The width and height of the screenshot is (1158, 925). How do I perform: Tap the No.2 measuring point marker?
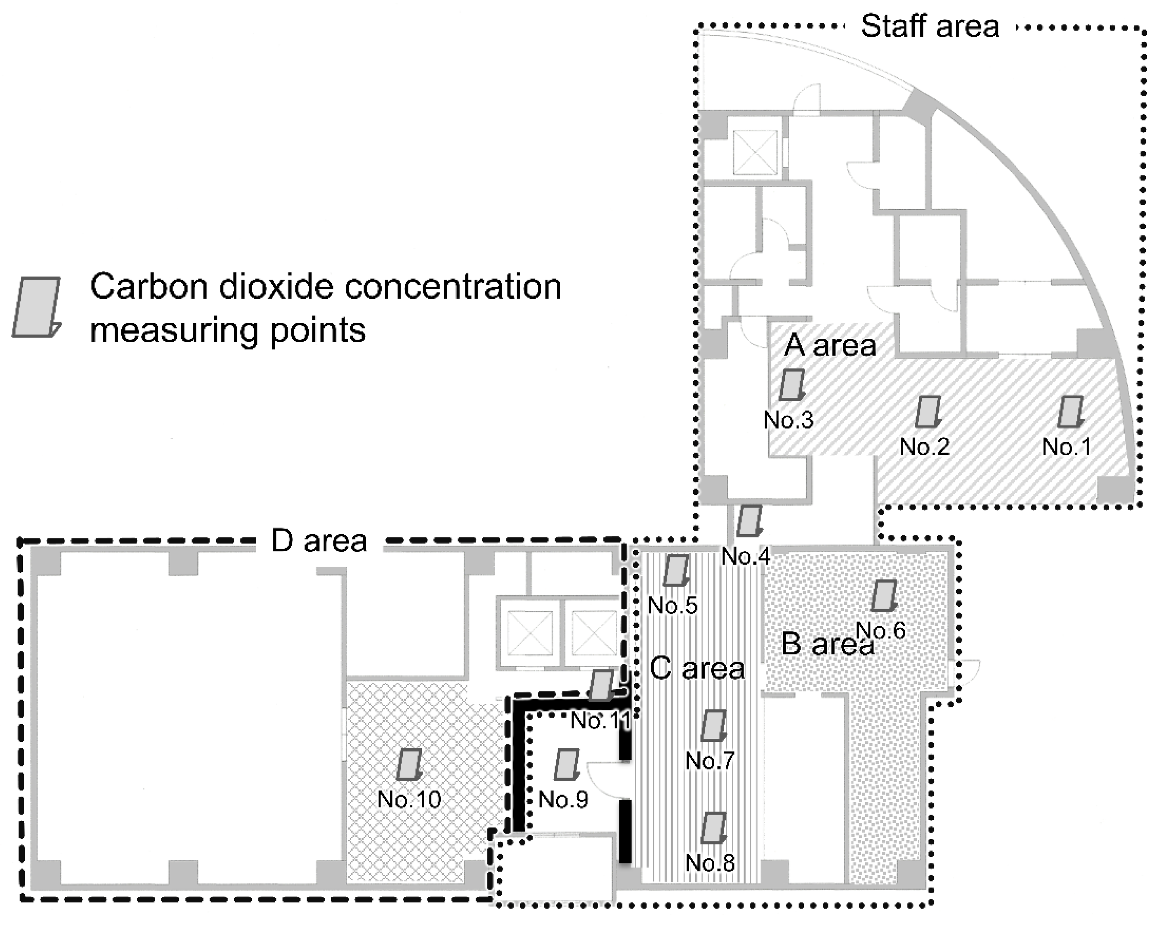928,412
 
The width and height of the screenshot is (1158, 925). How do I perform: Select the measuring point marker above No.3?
792,384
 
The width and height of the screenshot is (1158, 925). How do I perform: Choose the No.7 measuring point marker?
713,725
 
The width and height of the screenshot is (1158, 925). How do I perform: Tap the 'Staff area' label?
930,26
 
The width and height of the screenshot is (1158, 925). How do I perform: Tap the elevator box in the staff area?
755,153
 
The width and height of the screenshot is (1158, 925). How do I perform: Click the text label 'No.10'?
409,800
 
